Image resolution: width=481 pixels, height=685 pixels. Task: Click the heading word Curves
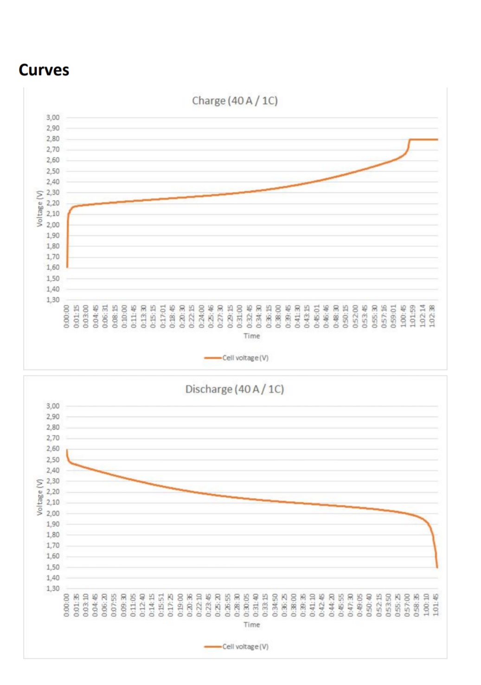pos(44,70)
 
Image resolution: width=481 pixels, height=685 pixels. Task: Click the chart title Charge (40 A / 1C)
pos(235,101)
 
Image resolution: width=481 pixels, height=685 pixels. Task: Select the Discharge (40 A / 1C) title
pos(235,389)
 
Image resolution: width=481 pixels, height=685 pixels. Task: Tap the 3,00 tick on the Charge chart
pos(53,117)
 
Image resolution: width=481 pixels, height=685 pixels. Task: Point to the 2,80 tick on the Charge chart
pos(53,139)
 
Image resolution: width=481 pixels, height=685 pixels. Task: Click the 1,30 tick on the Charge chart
pos(53,300)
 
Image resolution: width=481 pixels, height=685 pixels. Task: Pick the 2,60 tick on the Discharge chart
pos(53,449)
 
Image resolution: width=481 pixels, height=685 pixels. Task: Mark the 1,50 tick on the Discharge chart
pos(53,567)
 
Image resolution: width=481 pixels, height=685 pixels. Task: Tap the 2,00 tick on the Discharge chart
pos(53,513)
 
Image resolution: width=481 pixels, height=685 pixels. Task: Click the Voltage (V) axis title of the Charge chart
pos(40,208)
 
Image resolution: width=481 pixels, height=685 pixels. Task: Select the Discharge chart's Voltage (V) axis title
pos(40,497)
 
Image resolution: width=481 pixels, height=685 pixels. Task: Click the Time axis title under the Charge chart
pos(252,336)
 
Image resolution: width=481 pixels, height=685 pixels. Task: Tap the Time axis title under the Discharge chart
pos(252,625)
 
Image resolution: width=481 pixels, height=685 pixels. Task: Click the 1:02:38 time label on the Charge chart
pos(432,316)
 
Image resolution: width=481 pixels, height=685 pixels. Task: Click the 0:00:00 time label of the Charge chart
pos(67,316)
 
